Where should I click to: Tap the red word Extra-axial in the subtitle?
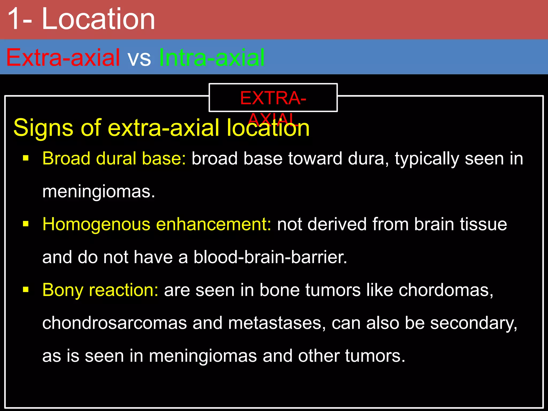pyautogui.click(x=63, y=58)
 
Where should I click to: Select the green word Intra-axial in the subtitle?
pyautogui.click(x=212, y=58)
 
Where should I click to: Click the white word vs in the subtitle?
pyautogui.click(x=139, y=58)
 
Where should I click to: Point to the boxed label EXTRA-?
pyautogui.click(x=273, y=98)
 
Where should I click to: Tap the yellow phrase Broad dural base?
pyautogui.click(x=114, y=158)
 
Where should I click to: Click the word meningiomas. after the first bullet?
pyautogui.click(x=99, y=192)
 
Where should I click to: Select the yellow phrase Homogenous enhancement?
pyautogui.click(x=157, y=224)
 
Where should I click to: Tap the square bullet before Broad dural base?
pyautogui.click(x=26, y=158)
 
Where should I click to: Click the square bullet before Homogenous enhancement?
pyautogui.click(x=26, y=224)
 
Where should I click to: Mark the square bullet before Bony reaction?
pyautogui.click(x=26, y=290)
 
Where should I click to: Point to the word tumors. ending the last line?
pyautogui.click(x=375, y=356)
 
